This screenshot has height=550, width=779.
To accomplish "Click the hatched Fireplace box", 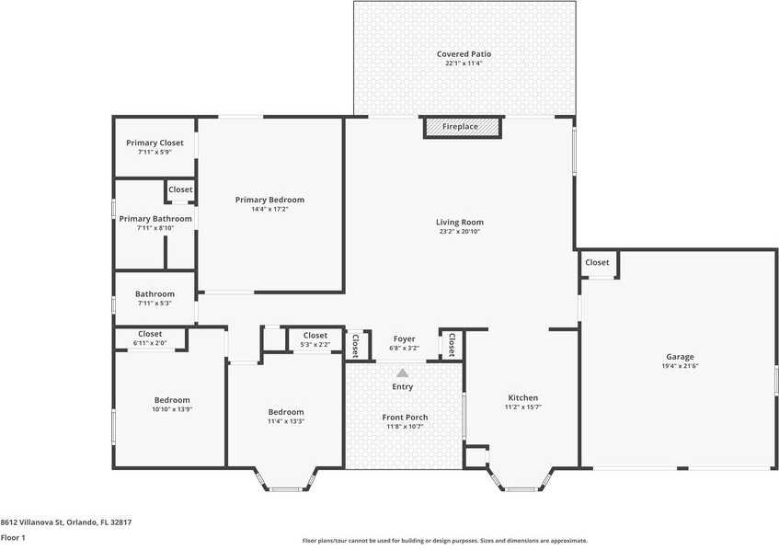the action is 463,127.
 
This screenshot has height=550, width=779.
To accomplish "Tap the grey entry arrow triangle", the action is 403,372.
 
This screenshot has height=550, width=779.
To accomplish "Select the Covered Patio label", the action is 464,54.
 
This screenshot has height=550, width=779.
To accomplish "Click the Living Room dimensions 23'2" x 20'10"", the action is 460,232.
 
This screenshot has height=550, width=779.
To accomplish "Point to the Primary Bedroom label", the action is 269,200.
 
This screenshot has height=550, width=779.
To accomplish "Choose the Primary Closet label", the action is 155,143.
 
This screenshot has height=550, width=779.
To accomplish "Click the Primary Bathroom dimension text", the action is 155,228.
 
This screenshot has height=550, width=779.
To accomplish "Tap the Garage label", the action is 681,357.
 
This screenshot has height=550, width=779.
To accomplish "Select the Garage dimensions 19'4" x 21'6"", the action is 681,366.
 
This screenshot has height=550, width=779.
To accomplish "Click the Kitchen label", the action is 523,398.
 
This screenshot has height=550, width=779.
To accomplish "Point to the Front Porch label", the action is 405,418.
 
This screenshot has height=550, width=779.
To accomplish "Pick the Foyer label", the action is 405,338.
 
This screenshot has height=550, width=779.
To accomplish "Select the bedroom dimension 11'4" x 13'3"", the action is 286,421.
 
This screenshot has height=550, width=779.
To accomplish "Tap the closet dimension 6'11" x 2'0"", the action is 150,343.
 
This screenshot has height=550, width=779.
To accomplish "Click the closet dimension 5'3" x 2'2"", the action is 315,344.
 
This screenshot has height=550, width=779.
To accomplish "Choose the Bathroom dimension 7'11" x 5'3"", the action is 155,304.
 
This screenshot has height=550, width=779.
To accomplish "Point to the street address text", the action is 66,522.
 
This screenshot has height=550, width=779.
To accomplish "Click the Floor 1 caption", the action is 13,537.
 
